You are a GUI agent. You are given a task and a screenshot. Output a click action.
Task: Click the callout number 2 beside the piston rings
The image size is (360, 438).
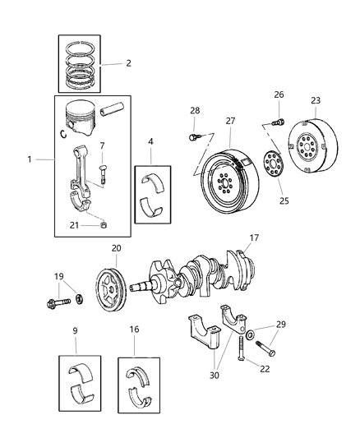pyautogui.click(x=128, y=63)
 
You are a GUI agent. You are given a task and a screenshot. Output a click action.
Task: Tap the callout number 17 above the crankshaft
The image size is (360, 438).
pyautogui.click(x=253, y=239)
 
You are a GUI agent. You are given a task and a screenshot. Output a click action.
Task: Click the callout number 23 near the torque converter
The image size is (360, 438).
pyautogui.click(x=315, y=102)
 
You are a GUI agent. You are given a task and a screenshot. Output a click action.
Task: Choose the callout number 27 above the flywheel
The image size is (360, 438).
pyautogui.click(x=229, y=120)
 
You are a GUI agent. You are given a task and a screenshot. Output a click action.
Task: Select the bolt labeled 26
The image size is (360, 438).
pyautogui.click(x=278, y=122)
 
